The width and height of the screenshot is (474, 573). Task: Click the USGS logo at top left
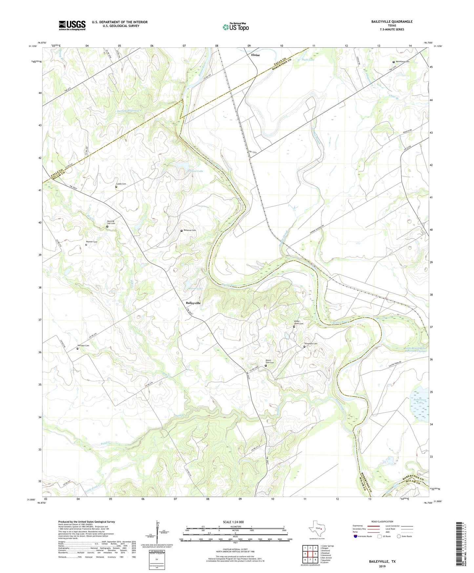[x=72, y=25]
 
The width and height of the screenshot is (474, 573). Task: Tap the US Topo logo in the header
[x=236, y=27]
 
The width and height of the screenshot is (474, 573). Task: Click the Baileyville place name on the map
[x=193, y=303]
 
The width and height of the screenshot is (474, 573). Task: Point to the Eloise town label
[x=256, y=55]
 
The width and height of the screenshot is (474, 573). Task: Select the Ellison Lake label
[x=196, y=171]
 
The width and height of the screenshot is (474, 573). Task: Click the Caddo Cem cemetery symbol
[x=116, y=187]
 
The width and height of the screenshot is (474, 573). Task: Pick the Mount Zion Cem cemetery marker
[x=266, y=366]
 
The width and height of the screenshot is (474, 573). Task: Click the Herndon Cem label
[x=83, y=346]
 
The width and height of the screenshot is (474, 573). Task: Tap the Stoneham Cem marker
[x=304, y=347]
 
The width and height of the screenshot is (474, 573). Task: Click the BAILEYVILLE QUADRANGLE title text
[x=392, y=22]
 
